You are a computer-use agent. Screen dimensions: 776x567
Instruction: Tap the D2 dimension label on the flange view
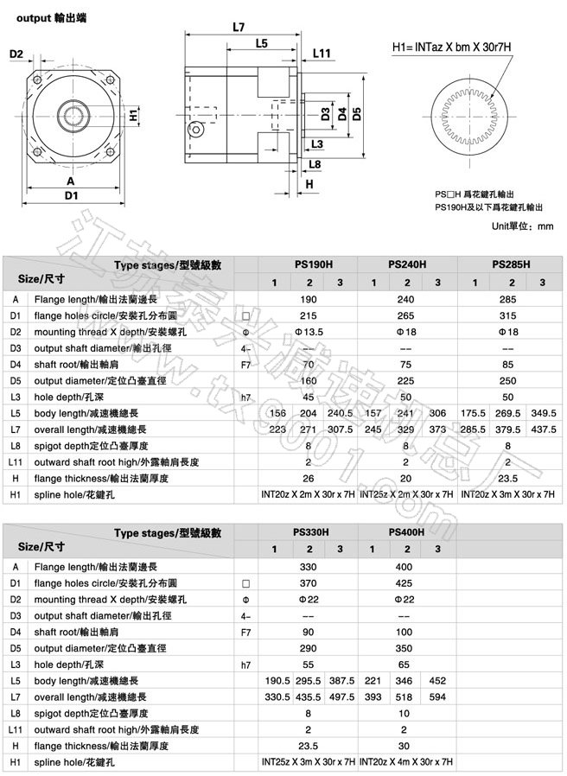(x=16, y=54)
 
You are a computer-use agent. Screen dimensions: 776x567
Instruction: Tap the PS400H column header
(x=405, y=532)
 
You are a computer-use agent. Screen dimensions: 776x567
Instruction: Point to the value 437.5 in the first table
(x=543, y=429)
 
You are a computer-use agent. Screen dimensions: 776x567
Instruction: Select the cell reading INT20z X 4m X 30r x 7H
(x=405, y=761)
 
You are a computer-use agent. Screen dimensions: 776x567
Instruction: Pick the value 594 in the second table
(x=437, y=696)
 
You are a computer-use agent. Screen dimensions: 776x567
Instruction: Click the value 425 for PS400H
(x=405, y=583)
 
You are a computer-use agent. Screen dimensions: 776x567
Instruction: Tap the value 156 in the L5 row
(x=277, y=412)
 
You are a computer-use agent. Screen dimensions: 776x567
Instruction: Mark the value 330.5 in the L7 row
(x=277, y=696)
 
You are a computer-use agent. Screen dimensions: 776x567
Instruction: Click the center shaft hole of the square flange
(x=73, y=114)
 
